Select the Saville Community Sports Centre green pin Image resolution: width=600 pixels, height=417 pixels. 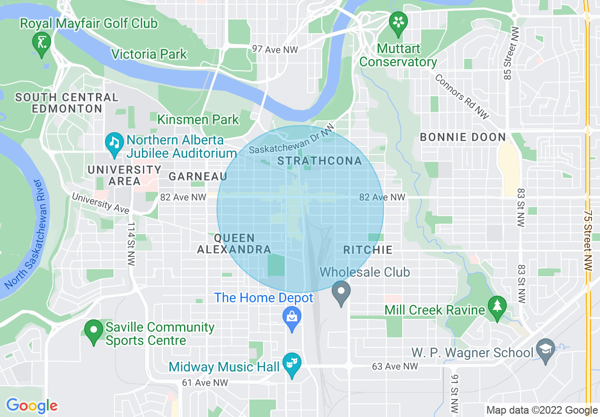(x=94, y=330)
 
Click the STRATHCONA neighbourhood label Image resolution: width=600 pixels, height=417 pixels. (x=319, y=161)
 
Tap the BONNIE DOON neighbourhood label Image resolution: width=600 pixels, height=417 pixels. (x=463, y=137)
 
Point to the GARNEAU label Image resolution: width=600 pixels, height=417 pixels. (x=198, y=176)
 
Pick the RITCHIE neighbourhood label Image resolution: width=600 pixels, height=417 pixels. (x=368, y=250)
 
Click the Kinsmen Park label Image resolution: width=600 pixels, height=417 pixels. (x=198, y=120)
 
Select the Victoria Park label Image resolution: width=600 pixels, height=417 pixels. (x=149, y=54)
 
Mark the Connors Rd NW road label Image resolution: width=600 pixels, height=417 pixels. (x=461, y=97)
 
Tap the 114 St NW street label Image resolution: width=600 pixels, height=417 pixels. (x=131, y=244)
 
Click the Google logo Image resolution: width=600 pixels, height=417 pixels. (x=32, y=406)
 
